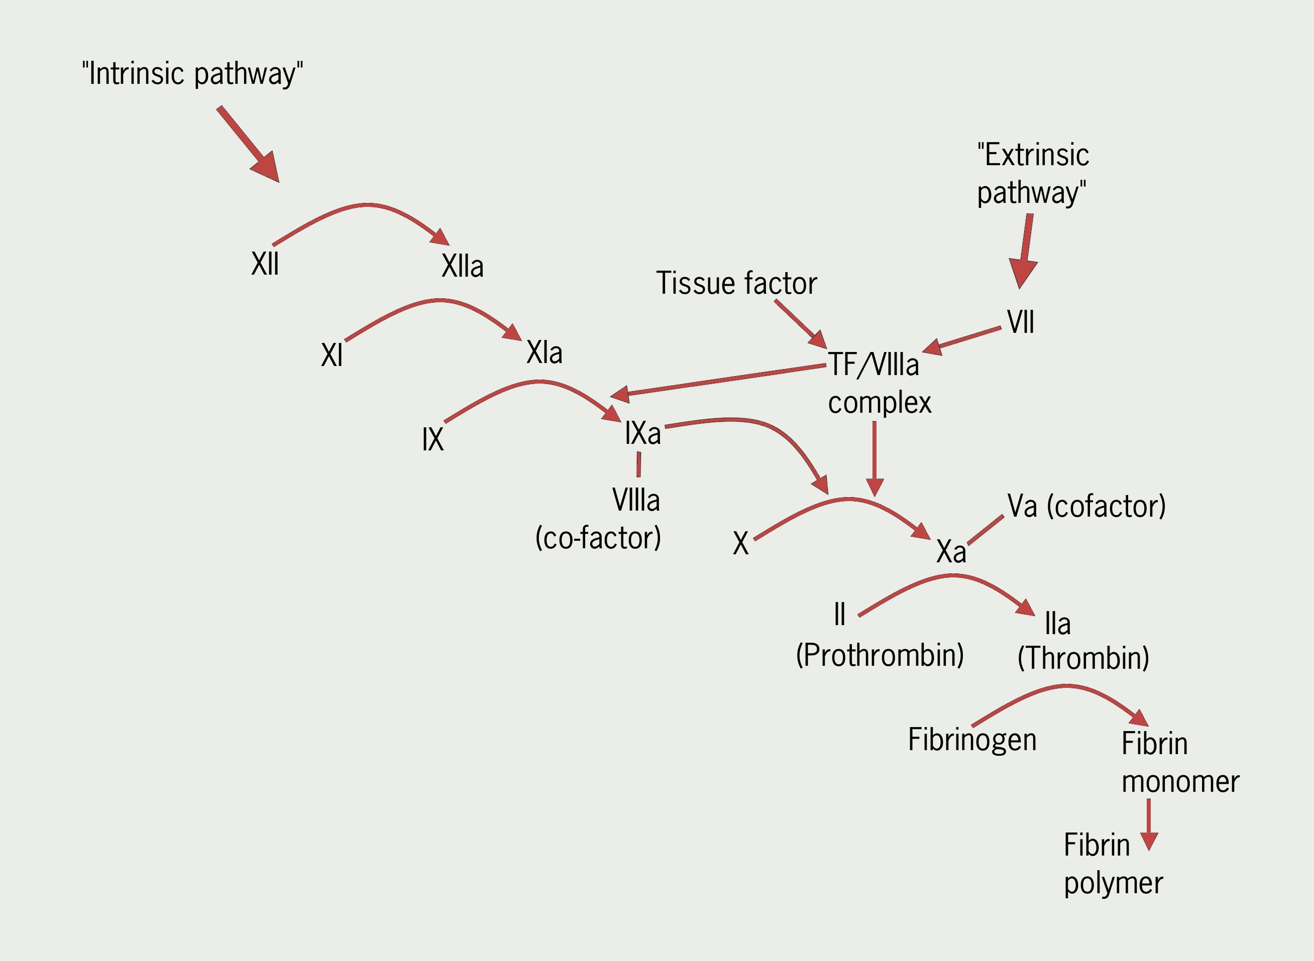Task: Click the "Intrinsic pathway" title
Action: [x=192, y=74]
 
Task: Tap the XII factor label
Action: [x=265, y=264]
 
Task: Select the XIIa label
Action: [x=462, y=267]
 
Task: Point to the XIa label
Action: [x=544, y=352]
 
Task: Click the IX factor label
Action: [x=432, y=439]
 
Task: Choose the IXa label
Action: [x=642, y=433]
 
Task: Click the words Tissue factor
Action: [x=736, y=283]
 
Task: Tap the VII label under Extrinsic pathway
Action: [x=1021, y=322]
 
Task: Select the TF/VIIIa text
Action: [x=873, y=365]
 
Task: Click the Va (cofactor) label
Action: [x=1086, y=506]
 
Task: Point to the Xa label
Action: [x=951, y=551]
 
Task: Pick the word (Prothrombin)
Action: [x=880, y=655]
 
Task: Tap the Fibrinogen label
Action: [x=972, y=740]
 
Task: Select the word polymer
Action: [x=1113, y=883]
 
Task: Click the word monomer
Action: [x=1180, y=781]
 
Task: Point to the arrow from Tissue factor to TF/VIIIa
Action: [x=800, y=323]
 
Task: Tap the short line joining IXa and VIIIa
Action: [x=638, y=464]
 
